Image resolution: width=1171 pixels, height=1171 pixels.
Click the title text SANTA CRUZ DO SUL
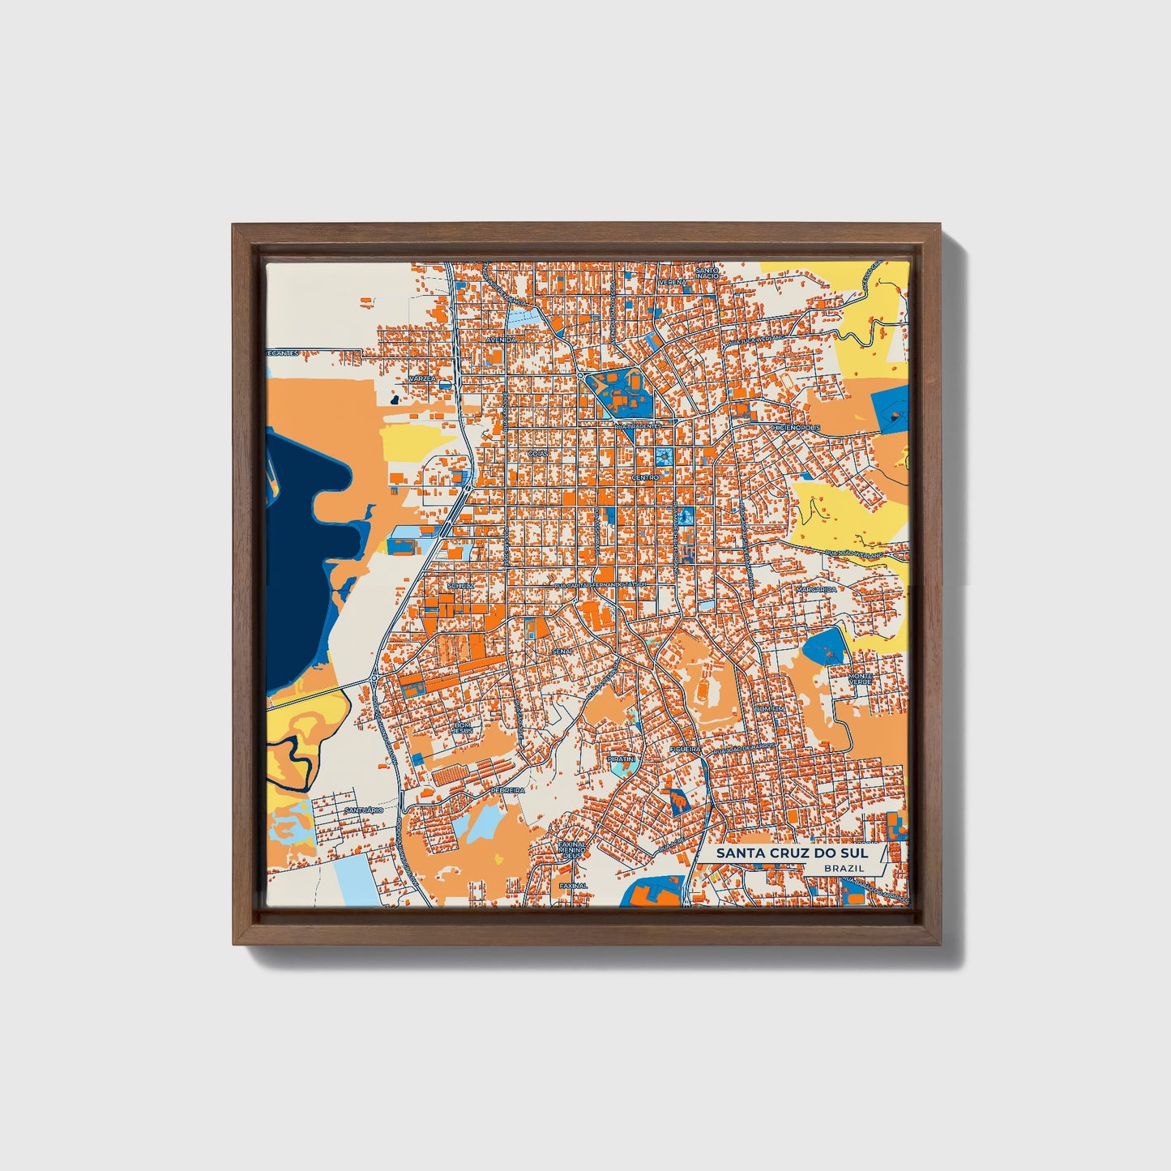[792, 853]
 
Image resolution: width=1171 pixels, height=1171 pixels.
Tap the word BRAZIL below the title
[844, 868]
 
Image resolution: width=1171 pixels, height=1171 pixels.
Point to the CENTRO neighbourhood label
[645, 478]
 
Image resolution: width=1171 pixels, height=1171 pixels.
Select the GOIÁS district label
[537, 454]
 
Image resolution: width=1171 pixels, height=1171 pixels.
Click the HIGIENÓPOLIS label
[797, 427]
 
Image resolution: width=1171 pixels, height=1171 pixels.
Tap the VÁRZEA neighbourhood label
[422, 378]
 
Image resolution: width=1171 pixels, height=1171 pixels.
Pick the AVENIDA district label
[501, 339]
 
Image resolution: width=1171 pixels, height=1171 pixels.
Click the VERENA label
[672, 282]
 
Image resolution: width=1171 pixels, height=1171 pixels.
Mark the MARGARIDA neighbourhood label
[816, 589]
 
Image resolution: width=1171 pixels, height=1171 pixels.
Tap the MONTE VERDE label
[860, 679]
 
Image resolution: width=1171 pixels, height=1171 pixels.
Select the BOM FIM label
[769, 708]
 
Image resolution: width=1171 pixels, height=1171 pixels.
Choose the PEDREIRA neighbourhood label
[507, 789]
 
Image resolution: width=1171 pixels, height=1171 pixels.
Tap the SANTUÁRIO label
[363, 810]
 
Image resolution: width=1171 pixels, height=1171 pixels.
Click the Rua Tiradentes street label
[639, 425]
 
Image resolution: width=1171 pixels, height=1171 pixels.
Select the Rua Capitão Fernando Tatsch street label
[600, 583]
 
